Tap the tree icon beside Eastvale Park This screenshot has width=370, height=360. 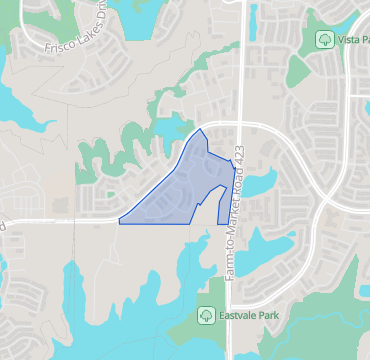point(205,316)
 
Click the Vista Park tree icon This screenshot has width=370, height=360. point(324,38)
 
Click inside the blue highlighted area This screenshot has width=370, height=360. point(180,190)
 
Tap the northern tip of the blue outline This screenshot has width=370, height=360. point(201,129)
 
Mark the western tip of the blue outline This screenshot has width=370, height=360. point(119,220)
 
